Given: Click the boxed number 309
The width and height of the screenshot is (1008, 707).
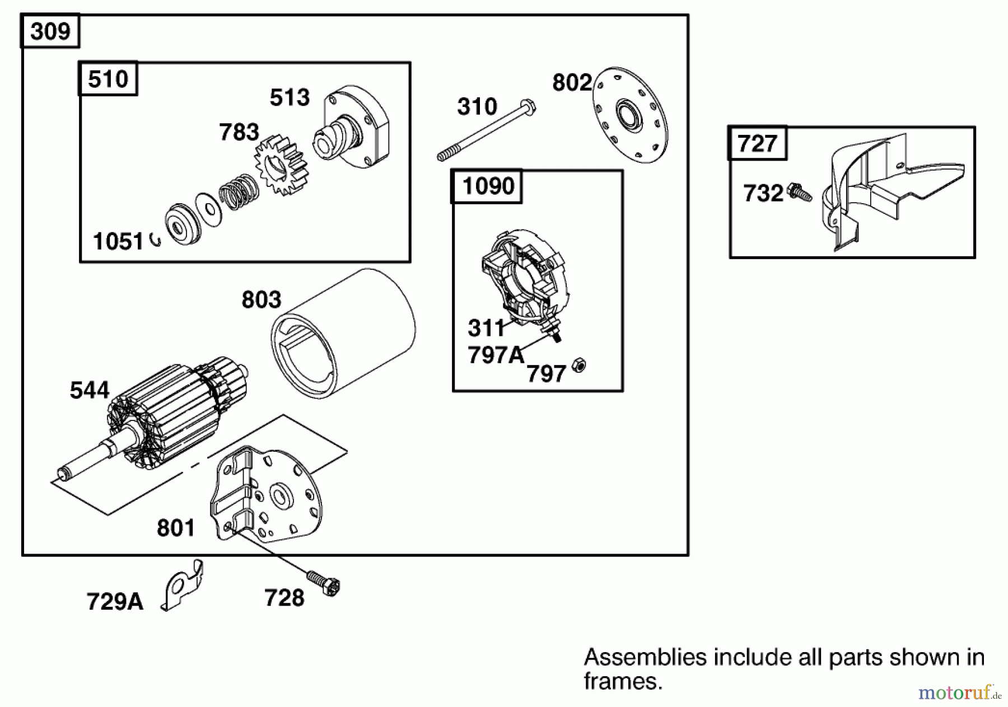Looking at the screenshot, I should pos(50,31).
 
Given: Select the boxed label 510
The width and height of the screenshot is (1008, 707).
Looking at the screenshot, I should pos(108,79).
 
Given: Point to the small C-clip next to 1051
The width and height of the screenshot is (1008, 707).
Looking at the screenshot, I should pos(156,240).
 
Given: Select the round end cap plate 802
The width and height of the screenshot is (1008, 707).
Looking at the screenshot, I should pos(631,115).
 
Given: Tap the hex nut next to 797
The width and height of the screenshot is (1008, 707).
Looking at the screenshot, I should pos(580,366).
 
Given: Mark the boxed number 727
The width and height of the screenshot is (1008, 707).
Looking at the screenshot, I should pos(757,144).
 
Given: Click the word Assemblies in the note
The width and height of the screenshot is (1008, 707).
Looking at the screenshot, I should pos(645,657).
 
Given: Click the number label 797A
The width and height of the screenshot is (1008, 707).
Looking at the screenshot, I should pos(496,355).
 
